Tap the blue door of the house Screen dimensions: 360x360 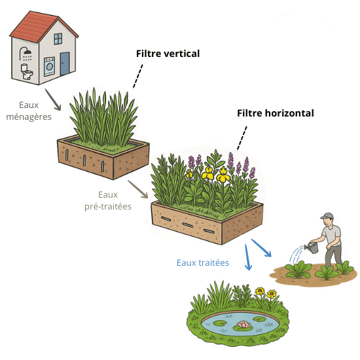pos(65,63)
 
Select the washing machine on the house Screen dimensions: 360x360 pos(49,67)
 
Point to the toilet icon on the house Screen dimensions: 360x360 pos(27,71)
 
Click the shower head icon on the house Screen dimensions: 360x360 pos(26,53)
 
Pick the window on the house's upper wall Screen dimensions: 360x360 pos(58,39)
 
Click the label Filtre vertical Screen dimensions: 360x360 pos(168,54)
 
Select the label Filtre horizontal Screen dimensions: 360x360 pos(276,113)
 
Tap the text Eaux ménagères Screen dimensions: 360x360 pos(29,111)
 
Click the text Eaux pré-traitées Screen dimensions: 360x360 pos(108,201)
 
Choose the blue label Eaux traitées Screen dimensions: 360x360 pos(203,262)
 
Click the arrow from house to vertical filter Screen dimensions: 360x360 pos(53,100)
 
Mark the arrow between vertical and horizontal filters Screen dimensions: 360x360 pos(138,189)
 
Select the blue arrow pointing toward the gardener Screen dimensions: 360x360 pos(262,248)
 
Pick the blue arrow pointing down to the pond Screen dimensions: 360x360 pos(247,257)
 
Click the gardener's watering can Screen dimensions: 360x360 pos(312,247)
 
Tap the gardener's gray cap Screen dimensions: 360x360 pos(327,216)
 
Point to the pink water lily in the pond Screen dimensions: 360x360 pos(244,325)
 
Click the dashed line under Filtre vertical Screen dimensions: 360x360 pos(137,77)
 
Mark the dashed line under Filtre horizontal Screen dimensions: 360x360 pos(242,138)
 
